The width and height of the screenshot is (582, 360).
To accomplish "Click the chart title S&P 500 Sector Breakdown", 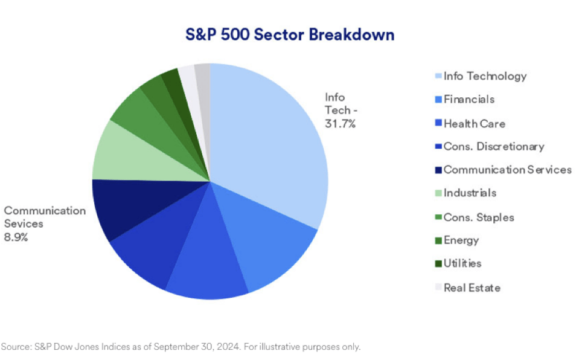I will [290, 34].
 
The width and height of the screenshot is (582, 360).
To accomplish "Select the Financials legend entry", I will [469, 100].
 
